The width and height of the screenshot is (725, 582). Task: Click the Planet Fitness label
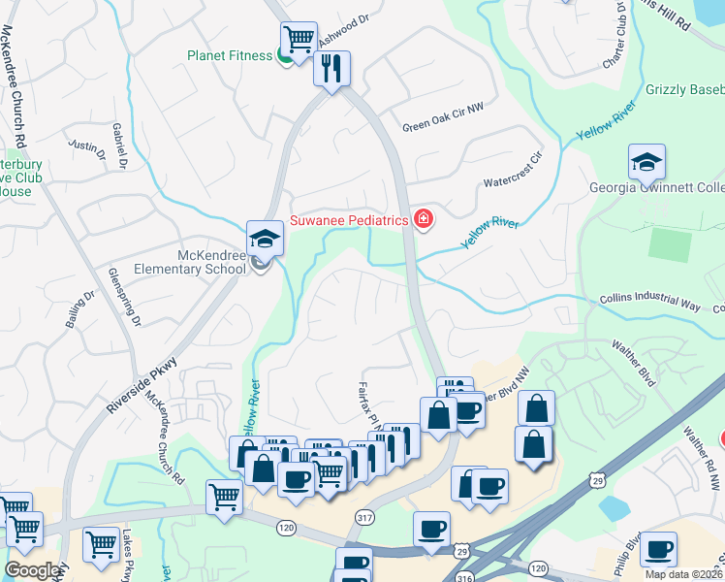[230, 55]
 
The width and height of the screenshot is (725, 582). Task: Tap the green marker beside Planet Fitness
[286, 56]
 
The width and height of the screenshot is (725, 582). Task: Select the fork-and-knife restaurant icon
[331, 68]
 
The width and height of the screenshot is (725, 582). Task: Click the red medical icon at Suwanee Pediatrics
[423, 220]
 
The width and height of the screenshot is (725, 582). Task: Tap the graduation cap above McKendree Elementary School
[264, 237]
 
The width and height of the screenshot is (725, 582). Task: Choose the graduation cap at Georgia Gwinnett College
[646, 161]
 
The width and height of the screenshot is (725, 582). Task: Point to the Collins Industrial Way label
[648, 304]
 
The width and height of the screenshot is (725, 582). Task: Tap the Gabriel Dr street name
[120, 146]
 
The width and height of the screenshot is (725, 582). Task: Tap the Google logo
[33, 570]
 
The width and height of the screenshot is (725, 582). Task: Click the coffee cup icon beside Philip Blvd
[658, 548]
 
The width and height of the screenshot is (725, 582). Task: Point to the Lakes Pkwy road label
[129, 553]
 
